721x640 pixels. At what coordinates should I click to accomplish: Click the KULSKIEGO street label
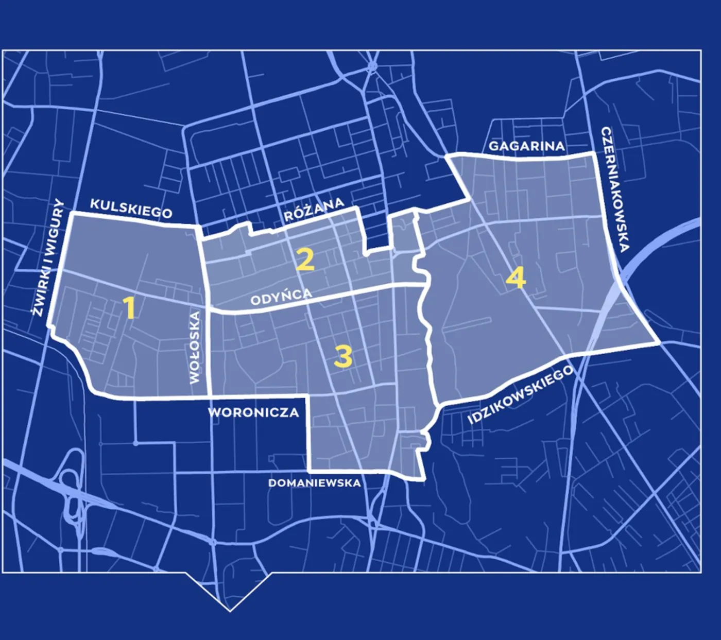click(131, 208)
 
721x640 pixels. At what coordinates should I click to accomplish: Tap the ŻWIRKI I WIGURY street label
click(47, 257)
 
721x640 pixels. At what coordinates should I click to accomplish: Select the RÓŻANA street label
click(314, 209)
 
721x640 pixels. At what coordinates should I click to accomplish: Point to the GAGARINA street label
click(526, 146)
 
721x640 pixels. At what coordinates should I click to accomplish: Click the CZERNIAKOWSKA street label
click(614, 189)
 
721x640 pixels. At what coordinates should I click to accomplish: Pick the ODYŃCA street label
click(281, 297)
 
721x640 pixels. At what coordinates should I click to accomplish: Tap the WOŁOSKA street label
click(195, 348)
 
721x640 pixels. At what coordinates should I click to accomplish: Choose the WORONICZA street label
click(253, 412)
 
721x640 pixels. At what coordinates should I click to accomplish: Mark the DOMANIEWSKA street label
click(314, 483)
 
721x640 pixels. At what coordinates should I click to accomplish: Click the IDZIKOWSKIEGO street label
click(520, 394)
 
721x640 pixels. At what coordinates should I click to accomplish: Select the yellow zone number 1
click(130, 308)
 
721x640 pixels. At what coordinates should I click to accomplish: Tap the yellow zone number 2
click(305, 260)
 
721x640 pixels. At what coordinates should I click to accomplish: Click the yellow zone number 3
click(343, 356)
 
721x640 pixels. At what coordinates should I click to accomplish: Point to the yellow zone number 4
click(516, 279)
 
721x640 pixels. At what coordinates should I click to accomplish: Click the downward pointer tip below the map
click(230, 610)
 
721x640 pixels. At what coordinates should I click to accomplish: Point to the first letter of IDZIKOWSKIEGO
click(470, 421)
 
